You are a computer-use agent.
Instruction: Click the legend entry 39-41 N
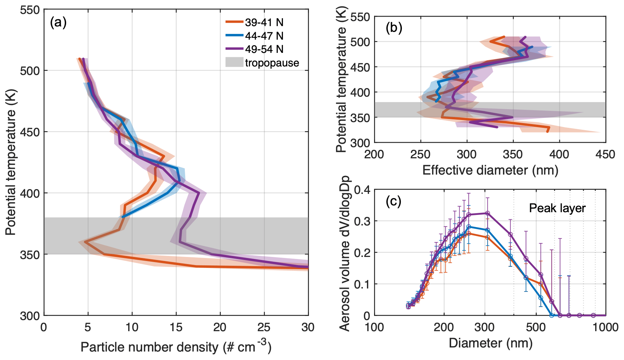[x=264, y=22]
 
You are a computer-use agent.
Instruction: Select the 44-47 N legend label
[x=264, y=36]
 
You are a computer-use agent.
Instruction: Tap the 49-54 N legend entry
[x=264, y=49]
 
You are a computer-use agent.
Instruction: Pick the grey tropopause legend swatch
[x=234, y=62]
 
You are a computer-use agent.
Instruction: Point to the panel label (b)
[x=394, y=28]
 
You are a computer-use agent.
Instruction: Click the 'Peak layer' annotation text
[x=557, y=208]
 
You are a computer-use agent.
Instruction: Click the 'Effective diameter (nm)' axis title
[x=490, y=170]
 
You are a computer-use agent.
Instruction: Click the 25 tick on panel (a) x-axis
[x=264, y=327]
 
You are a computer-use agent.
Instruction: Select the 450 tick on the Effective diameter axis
[x=605, y=155]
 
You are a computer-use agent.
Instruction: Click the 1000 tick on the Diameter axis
[x=605, y=327]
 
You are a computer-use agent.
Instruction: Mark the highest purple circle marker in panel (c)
[x=487, y=213]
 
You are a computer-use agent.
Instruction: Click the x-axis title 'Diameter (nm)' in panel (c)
[x=490, y=343]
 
